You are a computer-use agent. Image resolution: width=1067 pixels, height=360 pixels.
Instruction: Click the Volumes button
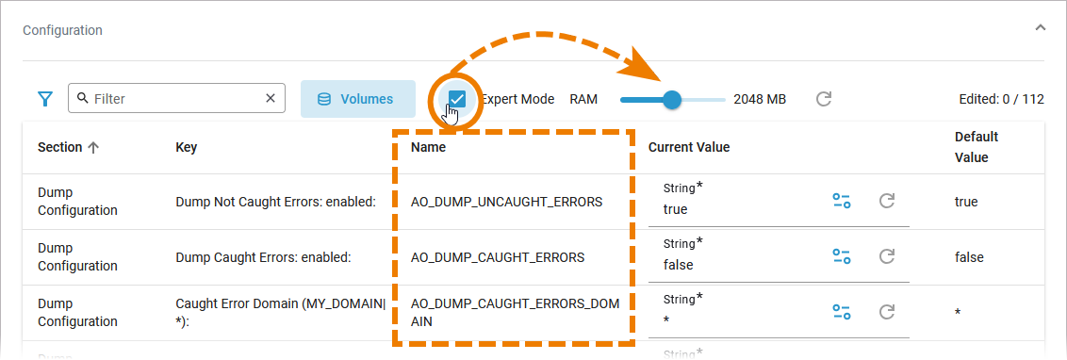click(358, 99)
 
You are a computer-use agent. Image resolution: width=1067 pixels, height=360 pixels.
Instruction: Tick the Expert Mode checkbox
click(456, 99)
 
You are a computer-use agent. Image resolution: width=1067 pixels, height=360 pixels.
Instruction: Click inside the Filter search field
click(176, 99)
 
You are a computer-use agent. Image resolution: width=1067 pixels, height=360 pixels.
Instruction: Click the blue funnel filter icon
click(45, 99)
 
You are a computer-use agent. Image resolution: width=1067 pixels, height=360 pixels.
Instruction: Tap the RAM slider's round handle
click(672, 99)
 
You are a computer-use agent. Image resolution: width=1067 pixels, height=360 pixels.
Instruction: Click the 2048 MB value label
click(760, 99)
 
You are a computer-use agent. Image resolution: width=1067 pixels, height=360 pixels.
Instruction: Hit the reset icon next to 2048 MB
click(824, 99)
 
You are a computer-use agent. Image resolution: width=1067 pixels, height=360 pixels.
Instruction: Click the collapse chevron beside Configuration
click(1039, 46)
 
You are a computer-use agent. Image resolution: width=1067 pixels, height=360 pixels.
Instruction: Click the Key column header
click(187, 147)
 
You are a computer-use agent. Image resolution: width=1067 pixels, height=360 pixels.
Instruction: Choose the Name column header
click(428, 147)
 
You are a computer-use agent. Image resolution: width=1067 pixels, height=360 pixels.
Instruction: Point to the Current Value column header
click(689, 147)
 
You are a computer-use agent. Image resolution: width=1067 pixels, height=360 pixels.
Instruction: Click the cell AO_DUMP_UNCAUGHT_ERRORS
click(507, 202)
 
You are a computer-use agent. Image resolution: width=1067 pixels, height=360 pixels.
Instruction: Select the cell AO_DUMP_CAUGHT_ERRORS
click(498, 257)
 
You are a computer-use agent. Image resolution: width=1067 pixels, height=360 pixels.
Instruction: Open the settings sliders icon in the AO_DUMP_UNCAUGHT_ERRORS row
click(842, 201)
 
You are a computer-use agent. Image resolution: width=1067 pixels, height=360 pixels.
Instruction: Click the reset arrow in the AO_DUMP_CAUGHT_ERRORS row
click(887, 256)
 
